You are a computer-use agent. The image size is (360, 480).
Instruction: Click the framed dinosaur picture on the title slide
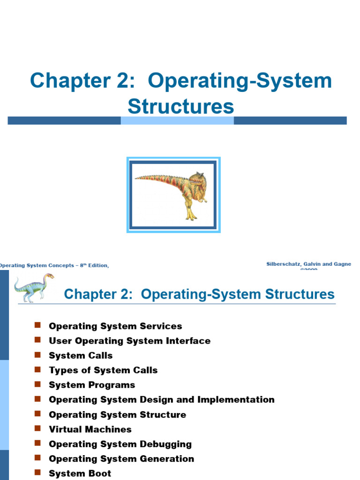coord(173,195)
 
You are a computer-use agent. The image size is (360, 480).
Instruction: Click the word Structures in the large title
coord(181,106)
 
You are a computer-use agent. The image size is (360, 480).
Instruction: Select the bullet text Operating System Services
coord(115,326)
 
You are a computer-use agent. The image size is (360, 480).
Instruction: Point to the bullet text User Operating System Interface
coord(129,341)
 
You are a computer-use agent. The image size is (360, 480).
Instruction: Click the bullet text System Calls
coord(81,356)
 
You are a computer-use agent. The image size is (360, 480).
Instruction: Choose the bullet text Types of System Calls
coord(103,370)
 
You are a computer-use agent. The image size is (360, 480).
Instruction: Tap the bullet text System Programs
coord(92,385)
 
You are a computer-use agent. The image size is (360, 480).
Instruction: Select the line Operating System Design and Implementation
coord(162,400)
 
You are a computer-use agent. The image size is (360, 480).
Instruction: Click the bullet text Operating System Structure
coord(117,415)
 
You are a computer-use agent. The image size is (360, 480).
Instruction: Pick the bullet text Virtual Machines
coord(90,429)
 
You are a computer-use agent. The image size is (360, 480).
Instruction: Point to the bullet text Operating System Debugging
coord(120,444)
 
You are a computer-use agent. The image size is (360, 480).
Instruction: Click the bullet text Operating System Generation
coord(121,459)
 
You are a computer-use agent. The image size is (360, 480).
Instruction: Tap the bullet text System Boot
coord(80,473)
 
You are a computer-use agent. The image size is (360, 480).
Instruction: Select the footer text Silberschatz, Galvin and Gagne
coord(308,264)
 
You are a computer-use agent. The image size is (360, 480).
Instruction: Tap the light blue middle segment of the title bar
coord(177,120)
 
